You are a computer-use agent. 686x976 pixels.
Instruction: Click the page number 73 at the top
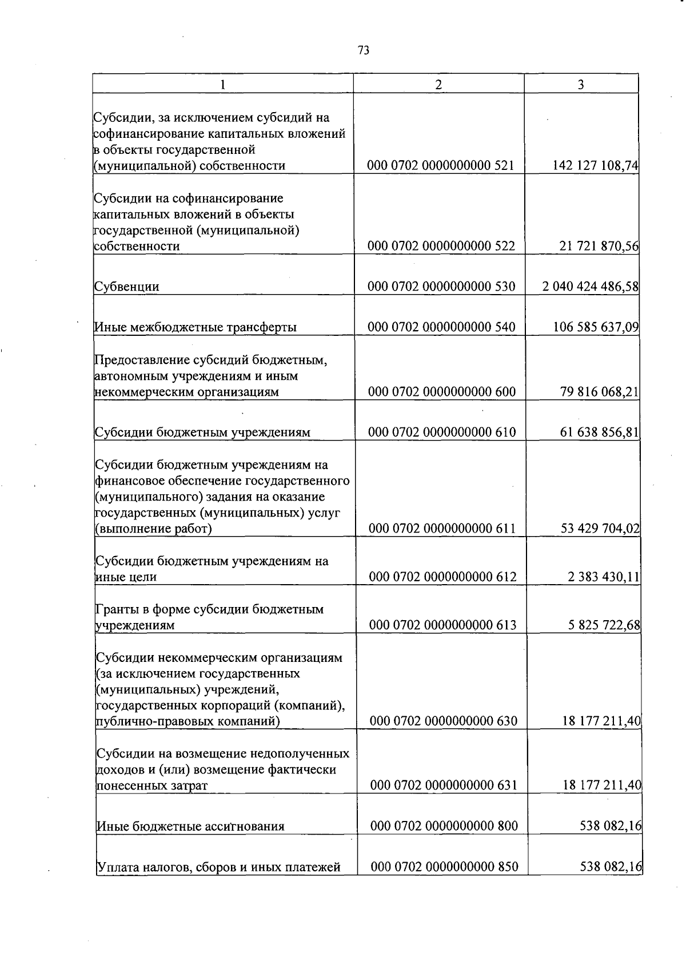point(364,50)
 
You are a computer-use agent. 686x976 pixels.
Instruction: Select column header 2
point(438,85)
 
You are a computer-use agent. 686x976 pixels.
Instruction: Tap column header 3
point(580,85)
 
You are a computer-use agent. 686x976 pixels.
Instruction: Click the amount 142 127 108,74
point(595,166)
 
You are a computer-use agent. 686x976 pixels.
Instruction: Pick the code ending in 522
point(441,247)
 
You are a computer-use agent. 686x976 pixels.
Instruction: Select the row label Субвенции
point(126,287)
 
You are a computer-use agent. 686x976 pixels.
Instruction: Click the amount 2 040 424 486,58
point(590,287)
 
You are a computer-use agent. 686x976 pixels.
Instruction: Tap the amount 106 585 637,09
point(595,327)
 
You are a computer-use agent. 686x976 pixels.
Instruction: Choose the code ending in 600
point(441,392)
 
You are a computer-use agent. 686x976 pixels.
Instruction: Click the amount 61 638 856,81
point(599,432)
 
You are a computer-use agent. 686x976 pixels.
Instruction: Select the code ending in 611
point(442,529)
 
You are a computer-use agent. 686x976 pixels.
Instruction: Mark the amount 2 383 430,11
point(603,577)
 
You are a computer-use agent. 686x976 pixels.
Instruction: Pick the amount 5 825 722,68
point(604,625)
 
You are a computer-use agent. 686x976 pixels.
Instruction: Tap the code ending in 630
point(443,721)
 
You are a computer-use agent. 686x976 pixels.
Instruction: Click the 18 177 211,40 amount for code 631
point(601,785)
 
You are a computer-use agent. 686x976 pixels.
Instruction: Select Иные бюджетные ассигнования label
point(190,827)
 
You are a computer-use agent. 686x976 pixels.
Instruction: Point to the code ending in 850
point(444,867)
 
